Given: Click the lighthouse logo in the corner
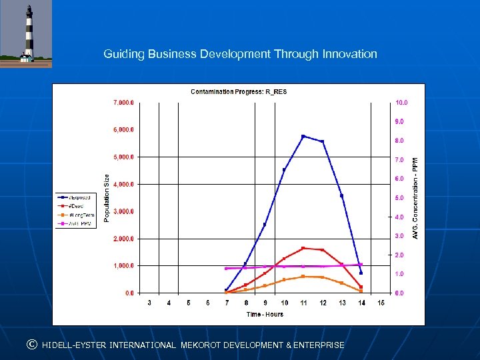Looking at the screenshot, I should [x=26, y=34].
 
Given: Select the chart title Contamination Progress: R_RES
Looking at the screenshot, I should [x=239, y=91].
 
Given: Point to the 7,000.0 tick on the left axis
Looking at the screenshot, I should [x=123, y=103].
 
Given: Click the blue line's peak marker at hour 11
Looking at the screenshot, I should [x=303, y=136].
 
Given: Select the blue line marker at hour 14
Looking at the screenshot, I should [x=361, y=273].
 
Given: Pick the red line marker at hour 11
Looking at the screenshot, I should [x=303, y=248].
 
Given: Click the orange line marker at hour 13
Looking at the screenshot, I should [x=341, y=283].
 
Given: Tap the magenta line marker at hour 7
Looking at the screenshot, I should [x=226, y=269].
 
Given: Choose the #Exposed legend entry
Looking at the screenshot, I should [x=77, y=197].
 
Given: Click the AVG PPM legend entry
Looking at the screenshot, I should [x=77, y=223].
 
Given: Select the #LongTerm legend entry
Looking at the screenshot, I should [x=77, y=215].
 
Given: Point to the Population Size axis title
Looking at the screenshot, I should [x=106, y=197].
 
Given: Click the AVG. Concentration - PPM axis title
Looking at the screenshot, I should [x=415, y=198].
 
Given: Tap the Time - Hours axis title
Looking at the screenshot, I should [x=265, y=314].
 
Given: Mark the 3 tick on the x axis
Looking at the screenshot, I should [x=149, y=303].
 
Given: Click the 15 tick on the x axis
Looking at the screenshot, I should [x=381, y=303].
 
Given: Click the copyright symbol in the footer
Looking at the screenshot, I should [x=31, y=345].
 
